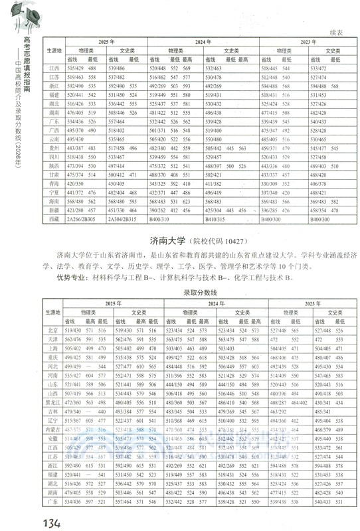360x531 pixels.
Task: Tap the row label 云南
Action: coord(55,139)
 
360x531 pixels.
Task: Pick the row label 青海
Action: coord(55,183)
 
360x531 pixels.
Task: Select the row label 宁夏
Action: coord(55,192)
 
